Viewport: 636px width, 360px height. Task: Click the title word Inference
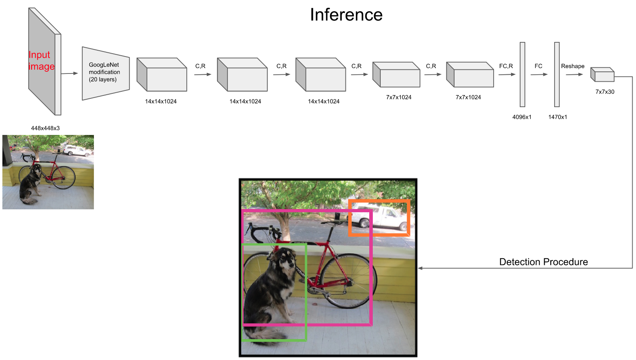point(346,15)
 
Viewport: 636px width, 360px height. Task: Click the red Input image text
point(41,61)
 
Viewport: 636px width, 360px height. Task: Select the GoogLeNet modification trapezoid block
point(105,73)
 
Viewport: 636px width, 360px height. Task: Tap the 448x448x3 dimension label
point(45,128)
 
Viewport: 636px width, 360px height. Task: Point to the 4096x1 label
point(522,117)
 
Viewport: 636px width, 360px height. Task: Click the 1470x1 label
point(558,117)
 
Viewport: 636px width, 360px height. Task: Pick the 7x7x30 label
point(605,92)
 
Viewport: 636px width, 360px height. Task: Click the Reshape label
point(572,66)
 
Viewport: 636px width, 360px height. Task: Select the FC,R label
point(506,66)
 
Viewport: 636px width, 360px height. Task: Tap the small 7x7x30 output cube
point(603,75)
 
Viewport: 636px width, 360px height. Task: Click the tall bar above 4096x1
point(522,74)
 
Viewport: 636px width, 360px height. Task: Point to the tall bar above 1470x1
point(557,74)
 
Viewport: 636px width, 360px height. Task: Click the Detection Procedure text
point(543,262)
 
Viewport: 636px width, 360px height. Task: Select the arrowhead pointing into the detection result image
point(420,268)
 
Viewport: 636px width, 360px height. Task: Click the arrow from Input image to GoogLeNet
point(69,73)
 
